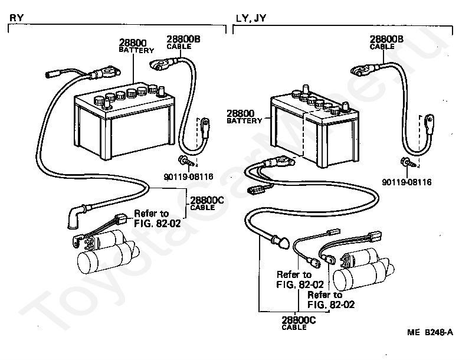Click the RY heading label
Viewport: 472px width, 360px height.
17,18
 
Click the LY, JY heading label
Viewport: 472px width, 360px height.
251,18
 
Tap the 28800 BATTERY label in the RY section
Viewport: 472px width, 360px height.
136,46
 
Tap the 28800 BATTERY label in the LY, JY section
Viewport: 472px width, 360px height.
244,117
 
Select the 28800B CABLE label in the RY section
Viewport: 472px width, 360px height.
183,42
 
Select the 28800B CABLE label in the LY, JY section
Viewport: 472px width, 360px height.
386,42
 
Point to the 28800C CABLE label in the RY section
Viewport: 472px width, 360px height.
207,203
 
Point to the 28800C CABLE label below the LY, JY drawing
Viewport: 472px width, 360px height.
299,323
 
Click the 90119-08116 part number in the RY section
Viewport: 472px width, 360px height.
188,176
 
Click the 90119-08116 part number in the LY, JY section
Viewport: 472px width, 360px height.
407,182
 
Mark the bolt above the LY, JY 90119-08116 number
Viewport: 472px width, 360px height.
409,162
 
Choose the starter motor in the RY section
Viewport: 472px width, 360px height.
106,252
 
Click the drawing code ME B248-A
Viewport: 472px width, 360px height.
430,332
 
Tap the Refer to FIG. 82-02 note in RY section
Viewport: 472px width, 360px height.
158,218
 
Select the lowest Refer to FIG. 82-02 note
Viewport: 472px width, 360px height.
331,300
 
